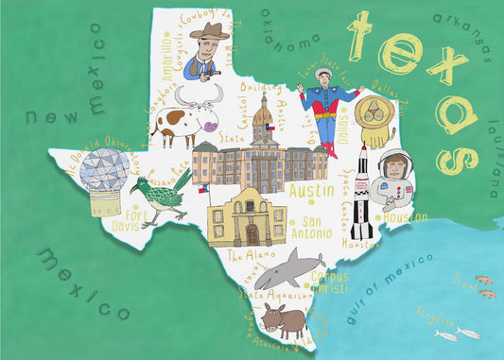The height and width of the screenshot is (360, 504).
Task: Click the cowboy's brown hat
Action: coord(208,32)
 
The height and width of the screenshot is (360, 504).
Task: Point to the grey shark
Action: coord(284,271)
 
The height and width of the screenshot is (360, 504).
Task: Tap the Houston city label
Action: coord(406,216)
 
